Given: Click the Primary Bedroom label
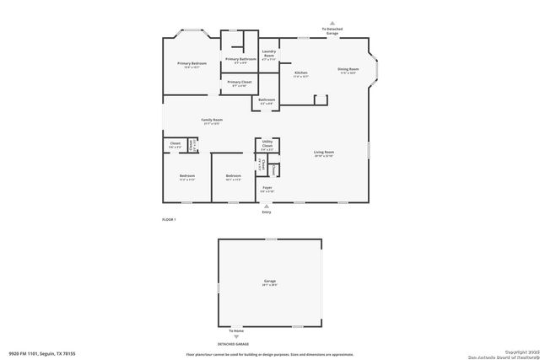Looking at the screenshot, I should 192,64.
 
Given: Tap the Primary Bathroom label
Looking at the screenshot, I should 240,60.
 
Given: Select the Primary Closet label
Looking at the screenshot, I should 240,82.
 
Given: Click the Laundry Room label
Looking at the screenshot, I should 269,55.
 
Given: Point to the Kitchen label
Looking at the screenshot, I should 300,73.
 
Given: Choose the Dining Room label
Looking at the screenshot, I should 348,69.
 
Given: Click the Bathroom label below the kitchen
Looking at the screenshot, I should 267,100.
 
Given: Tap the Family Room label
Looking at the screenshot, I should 212,121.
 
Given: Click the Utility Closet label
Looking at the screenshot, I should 267,146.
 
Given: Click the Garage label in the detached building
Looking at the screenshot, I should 269,282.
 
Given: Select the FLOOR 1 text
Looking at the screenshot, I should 169,219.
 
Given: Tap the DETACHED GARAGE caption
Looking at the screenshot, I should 269,344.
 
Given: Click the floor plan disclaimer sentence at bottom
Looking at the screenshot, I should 269,354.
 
